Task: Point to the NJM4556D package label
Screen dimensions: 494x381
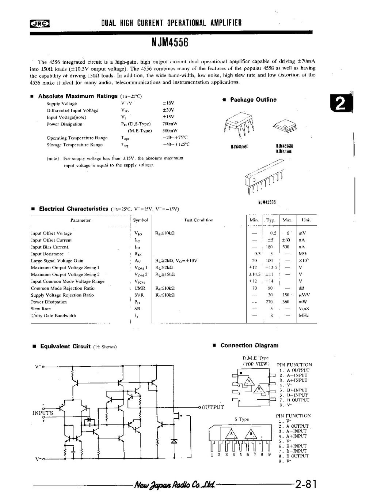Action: click(240, 147)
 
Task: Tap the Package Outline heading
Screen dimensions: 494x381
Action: click(253, 100)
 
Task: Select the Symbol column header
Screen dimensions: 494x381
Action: click(140, 220)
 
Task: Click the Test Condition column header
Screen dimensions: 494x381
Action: click(198, 220)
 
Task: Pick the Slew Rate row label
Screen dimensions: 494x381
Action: click(41, 309)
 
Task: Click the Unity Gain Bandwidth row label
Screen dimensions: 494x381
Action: click(53, 316)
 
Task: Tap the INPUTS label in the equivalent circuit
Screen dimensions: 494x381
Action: click(43, 413)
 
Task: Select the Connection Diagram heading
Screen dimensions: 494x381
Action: click(249, 345)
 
